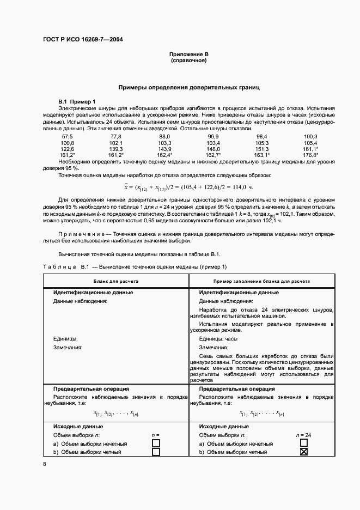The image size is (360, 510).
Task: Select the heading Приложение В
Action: (x=188, y=55)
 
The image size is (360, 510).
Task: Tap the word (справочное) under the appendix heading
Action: (x=188, y=60)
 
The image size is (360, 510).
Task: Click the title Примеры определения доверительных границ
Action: (x=188, y=87)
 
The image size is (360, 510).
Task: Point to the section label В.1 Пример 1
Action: (x=77, y=101)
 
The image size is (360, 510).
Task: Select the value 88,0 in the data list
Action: (x=164, y=136)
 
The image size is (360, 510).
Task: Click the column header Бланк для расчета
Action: (x=115, y=281)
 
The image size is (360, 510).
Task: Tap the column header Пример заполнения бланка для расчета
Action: (x=262, y=281)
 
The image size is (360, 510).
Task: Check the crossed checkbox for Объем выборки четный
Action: (x=304, y=452)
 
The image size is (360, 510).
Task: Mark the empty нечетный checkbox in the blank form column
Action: (x=156, y=444)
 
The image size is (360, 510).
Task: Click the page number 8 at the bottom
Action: (x=45, y=464)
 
